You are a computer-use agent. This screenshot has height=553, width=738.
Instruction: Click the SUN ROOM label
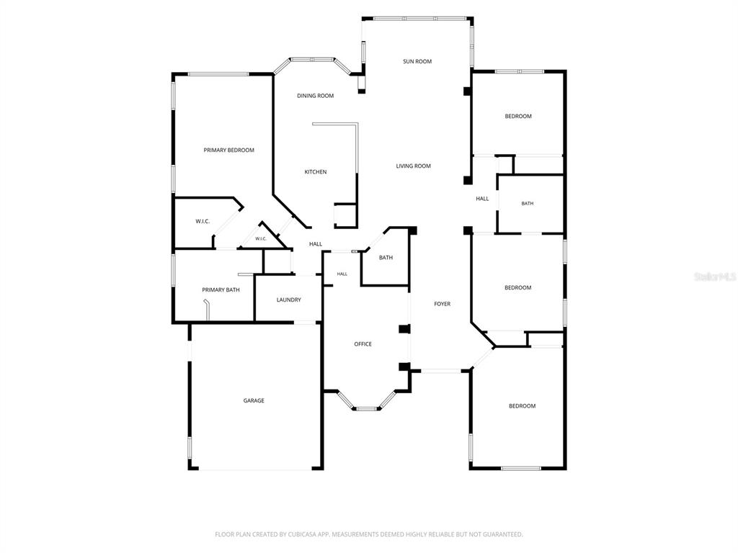tap(417, 61)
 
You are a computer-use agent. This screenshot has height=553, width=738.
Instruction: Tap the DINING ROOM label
tap(316, 96)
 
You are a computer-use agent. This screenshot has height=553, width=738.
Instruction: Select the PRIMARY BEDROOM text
tap(228, 150)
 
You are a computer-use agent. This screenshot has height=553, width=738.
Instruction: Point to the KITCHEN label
tap(316, 171)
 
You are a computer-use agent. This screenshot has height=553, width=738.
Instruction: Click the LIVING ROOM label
tap(413, 166)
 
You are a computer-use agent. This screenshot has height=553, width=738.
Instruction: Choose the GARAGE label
tap(254, 400)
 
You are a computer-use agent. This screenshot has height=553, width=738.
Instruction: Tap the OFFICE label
tap(363, 344)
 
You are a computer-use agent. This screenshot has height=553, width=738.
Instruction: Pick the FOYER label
tap(442, 304)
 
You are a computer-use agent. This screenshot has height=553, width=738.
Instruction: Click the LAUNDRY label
tap(288, 300)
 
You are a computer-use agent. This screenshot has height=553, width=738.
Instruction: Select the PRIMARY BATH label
tap(221, 289)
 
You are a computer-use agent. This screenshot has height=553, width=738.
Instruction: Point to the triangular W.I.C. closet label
tap(261, 239)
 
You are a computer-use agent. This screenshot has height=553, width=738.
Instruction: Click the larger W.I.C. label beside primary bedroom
tap(203, 221)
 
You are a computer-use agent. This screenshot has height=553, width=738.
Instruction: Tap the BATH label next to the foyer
tap(386, 257)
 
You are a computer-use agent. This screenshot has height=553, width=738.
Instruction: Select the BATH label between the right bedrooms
tap(527, 204)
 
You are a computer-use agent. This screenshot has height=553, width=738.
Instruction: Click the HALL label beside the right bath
tap(482, 199)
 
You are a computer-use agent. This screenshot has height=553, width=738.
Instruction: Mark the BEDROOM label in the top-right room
tap(518, 116)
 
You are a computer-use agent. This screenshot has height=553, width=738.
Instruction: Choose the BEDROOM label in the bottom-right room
tap(522, 406)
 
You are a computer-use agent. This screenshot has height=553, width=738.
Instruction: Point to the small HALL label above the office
tap(342, 274)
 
